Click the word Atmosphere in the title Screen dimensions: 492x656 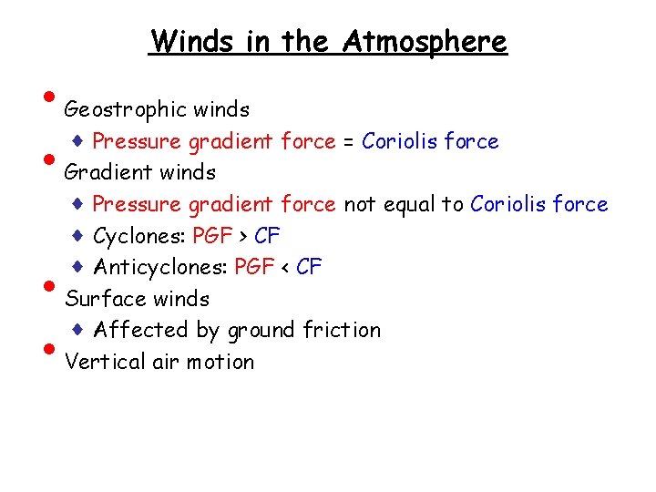coord(425,41)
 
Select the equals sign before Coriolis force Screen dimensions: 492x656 coord(349,142)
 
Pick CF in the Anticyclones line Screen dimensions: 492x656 coord(310,268)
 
